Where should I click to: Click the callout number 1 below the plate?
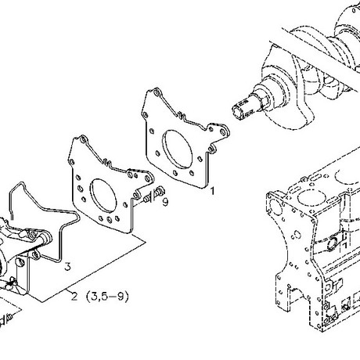tap(213, 191)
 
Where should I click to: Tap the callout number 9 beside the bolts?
tap(165, 202)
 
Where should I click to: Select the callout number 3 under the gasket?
tap(67, 267)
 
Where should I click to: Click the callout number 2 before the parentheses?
tap(74, 297)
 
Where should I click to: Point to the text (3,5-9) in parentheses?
tap(107, 297)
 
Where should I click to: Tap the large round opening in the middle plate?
tap(103, 196)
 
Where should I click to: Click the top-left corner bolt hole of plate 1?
tap(157, 93)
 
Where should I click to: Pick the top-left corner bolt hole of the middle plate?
tap(83, 140)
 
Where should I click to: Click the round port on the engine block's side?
tap(333, 243)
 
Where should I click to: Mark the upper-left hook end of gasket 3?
tap(11, 217)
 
